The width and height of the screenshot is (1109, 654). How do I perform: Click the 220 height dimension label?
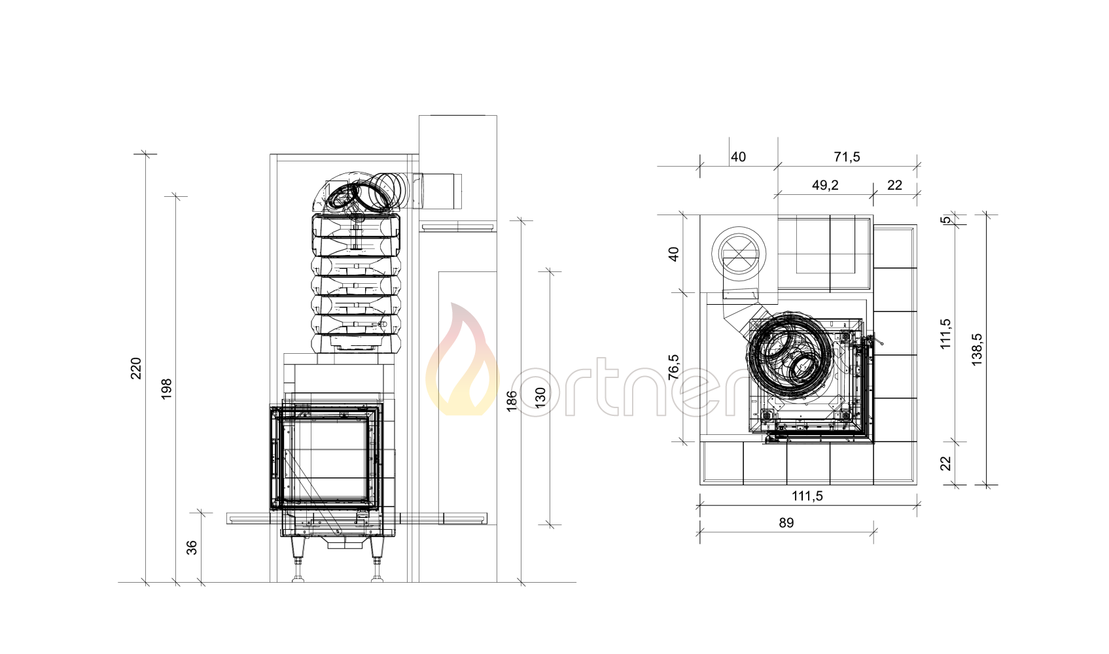point(136,368)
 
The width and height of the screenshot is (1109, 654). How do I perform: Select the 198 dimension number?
point(167,389)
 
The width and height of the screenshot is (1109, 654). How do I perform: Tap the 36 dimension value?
point(192,547)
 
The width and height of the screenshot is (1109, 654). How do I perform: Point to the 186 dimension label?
point(512,401)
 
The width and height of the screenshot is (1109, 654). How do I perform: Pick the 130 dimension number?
point(540,398)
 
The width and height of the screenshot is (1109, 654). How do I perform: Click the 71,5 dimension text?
point(847,157)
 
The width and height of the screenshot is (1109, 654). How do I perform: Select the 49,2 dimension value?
point(825,185)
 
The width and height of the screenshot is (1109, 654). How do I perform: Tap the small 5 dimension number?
point(945,220)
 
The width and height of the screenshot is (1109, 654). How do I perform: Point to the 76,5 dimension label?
point(674,367)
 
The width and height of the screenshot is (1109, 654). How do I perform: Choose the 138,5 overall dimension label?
point(977,349)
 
